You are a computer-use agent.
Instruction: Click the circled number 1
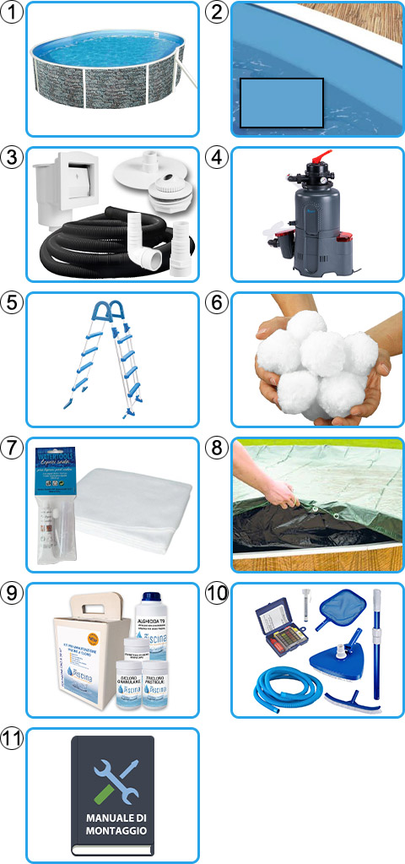(x=13, y=13)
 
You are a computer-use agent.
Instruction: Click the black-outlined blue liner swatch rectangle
(x=282, y=103)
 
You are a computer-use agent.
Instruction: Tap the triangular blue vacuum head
(x=339, y=667)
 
